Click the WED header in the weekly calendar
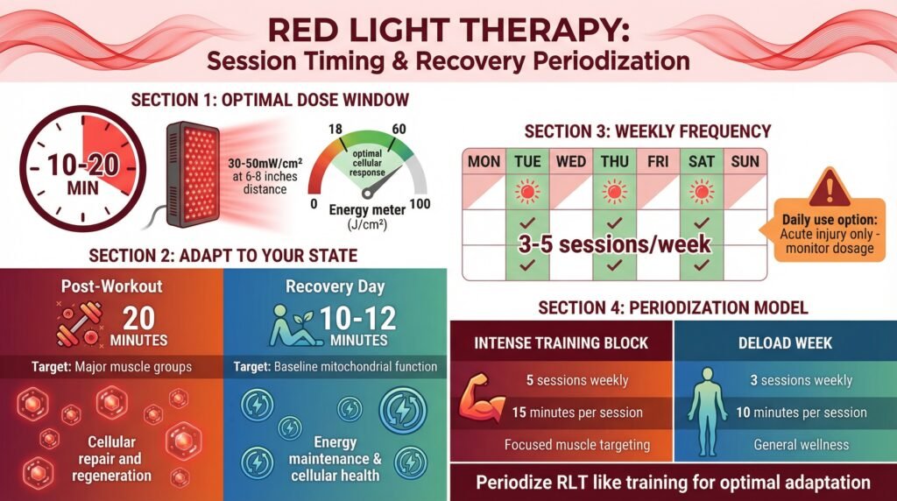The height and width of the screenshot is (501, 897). click(570, 162)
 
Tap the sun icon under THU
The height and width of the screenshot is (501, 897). click(614, 191)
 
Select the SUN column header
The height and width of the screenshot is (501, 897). click(745, 162)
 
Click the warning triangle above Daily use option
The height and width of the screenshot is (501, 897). click(830, 187)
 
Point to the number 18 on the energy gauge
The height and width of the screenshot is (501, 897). click(335, 130)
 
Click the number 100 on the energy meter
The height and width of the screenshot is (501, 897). click(420, 204)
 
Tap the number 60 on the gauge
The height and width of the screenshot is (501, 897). click(399, 130)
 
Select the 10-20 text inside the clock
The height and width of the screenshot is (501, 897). click(83, 166)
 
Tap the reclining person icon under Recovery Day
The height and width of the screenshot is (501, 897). click(292, 325)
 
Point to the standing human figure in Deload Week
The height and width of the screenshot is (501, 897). click(707, 411)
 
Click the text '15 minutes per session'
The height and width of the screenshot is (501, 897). click(577, 413)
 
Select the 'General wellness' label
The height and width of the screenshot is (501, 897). click(801, 445)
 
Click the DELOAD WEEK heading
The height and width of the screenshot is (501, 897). click(785, 343)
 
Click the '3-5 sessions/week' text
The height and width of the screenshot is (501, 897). click(614, 244)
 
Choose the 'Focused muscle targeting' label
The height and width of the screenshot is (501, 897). click(577, 445)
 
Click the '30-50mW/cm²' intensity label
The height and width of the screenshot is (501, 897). click(265, 162)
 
